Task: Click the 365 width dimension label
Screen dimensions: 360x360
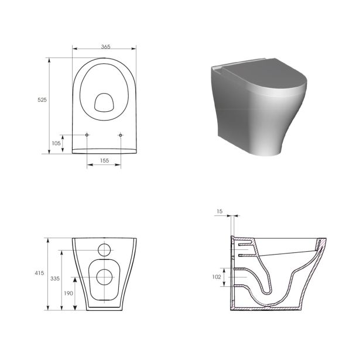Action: (x=105, y=47)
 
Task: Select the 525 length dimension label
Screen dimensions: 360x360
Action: (x=42, y=100)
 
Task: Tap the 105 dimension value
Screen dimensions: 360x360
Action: (x=56, y=143)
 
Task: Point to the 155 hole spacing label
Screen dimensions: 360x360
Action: (x=104, y=161)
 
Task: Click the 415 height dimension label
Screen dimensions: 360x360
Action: (x=39, y=273)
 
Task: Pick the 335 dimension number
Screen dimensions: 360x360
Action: (x=55, y=279)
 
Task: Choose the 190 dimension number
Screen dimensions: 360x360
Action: (x=68, y=293)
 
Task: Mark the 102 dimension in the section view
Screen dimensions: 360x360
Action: (x=216, y=277)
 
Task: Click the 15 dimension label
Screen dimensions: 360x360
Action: (x=220, y=211)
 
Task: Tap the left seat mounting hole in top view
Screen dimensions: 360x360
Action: (x=87, y=135)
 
